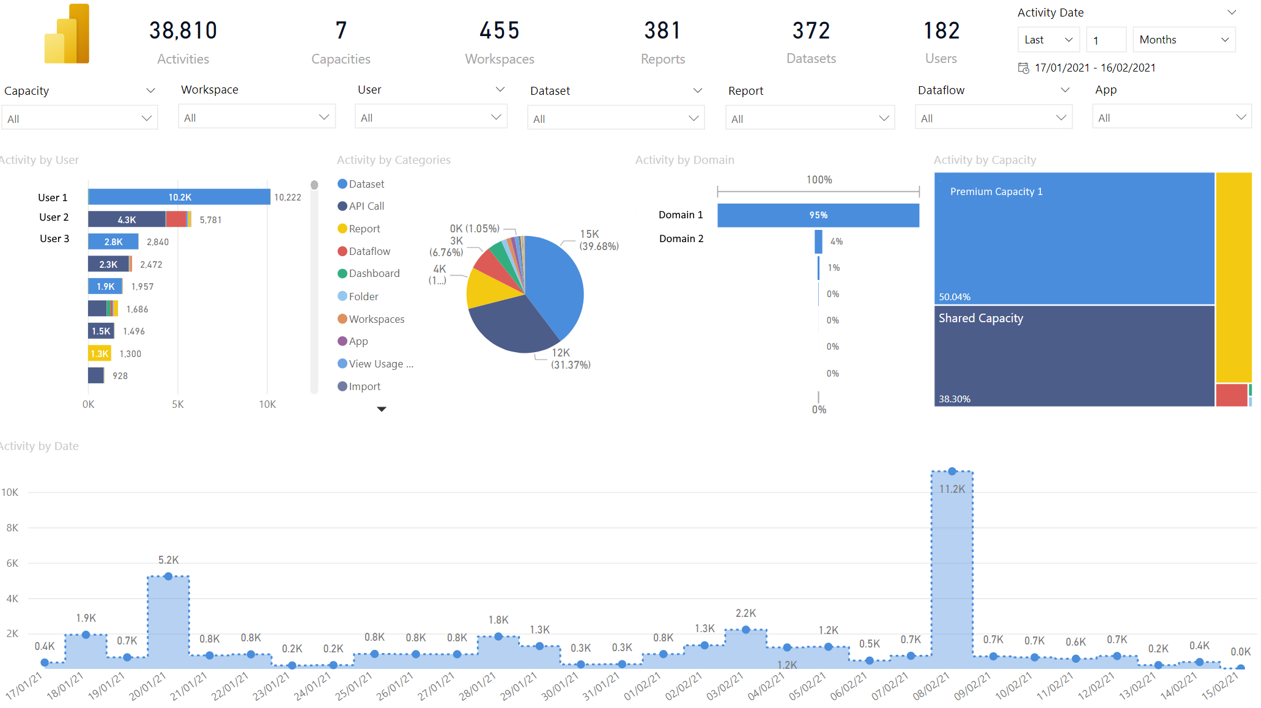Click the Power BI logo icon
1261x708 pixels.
67,34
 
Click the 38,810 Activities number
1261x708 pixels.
183,31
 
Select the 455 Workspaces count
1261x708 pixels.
500,31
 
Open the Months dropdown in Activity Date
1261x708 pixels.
1184,40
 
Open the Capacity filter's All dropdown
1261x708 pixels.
80,119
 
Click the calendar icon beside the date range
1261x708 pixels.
1023,68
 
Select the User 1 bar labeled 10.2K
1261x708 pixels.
179,197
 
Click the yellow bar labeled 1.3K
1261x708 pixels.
100,353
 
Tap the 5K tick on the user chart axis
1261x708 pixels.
178,404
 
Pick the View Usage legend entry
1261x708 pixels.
376,364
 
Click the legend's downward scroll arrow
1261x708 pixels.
382,409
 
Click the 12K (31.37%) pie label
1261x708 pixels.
571,359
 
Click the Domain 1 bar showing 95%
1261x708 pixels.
818,215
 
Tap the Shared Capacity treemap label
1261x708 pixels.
981,318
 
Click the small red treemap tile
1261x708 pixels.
1232,395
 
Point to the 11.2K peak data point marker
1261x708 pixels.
952,471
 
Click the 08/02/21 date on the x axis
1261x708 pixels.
931,686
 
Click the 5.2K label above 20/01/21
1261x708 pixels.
169,560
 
